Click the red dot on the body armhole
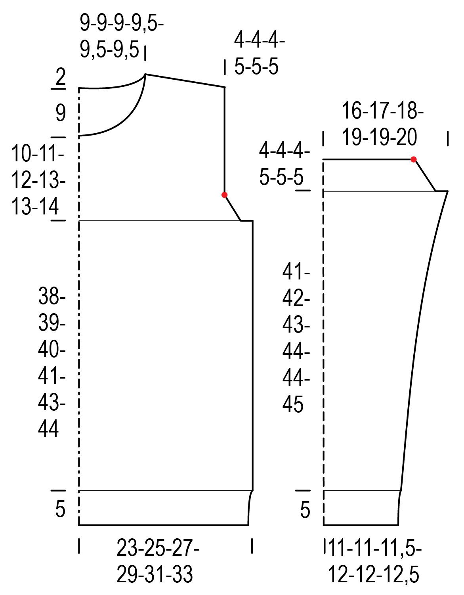click(224, 195)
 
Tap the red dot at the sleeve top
click(414, 159)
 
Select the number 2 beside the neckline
click(61, 77)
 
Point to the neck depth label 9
click(61, 113)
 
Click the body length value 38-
click(52, 296)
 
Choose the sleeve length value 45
click(293, 404)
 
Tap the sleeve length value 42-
click(296, 298)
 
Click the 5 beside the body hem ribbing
click(61, 509)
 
